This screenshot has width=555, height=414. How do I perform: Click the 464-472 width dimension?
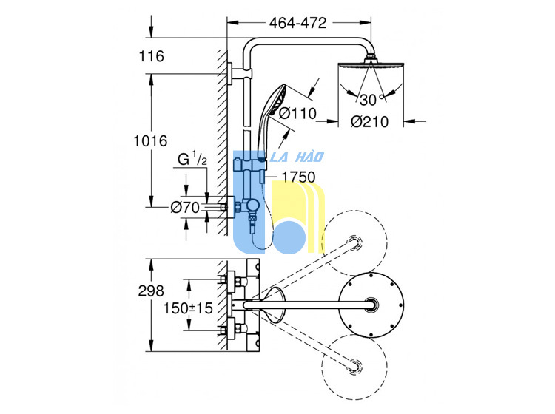[x=297, y=23]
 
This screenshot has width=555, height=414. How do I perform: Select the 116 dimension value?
[x=152, y=56]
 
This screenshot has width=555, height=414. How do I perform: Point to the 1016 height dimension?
[x=150, y=140]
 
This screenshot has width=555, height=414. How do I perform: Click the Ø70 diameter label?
[x=185, y=207]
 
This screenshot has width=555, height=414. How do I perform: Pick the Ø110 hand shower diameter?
[x=297, y=114]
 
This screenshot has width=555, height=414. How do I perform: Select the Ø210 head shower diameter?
[x=369, y=122]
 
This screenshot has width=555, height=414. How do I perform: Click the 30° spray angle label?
[x=371, y=100]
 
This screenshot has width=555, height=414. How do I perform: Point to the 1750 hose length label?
[x=298, y=177]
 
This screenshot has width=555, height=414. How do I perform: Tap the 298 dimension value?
[x=151, y=291]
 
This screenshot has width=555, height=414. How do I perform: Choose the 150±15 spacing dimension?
[x=188, y=308]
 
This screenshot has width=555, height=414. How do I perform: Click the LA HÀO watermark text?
[x=297, y=157]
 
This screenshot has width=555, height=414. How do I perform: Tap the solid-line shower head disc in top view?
[x=371, y=305]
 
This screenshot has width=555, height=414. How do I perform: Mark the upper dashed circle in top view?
[x=354, y=243]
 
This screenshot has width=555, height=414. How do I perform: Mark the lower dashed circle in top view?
[x=354, y=366]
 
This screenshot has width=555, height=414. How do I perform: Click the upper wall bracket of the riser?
[x=240, y=73]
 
